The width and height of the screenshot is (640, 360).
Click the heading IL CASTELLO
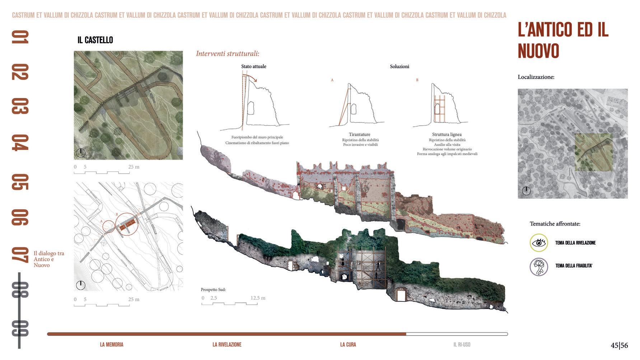coord(95,40)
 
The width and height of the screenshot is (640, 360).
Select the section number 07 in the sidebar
coord(20,254)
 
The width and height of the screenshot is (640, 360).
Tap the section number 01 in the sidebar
coord(20,37)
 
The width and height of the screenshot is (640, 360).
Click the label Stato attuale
coord(253,66)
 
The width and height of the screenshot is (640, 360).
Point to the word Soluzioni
coord(400,66)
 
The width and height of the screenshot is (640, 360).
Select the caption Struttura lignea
coord(447,135)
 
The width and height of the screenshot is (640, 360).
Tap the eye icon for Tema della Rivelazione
coord(538,243)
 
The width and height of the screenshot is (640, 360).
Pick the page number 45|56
coord(619,345)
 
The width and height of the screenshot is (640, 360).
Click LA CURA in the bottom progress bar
coord(348,345)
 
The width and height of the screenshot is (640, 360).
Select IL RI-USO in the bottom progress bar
coord(462,345)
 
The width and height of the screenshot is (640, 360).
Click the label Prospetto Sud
coord(213,290)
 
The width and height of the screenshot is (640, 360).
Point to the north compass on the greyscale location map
coord(526,191)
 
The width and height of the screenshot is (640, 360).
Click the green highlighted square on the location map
coord(593,152)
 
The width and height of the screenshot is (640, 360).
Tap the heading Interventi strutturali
coord(228,54)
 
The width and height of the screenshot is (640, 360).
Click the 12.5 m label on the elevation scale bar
coord(258,298)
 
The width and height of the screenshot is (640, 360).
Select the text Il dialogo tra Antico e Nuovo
coord(49,259)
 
